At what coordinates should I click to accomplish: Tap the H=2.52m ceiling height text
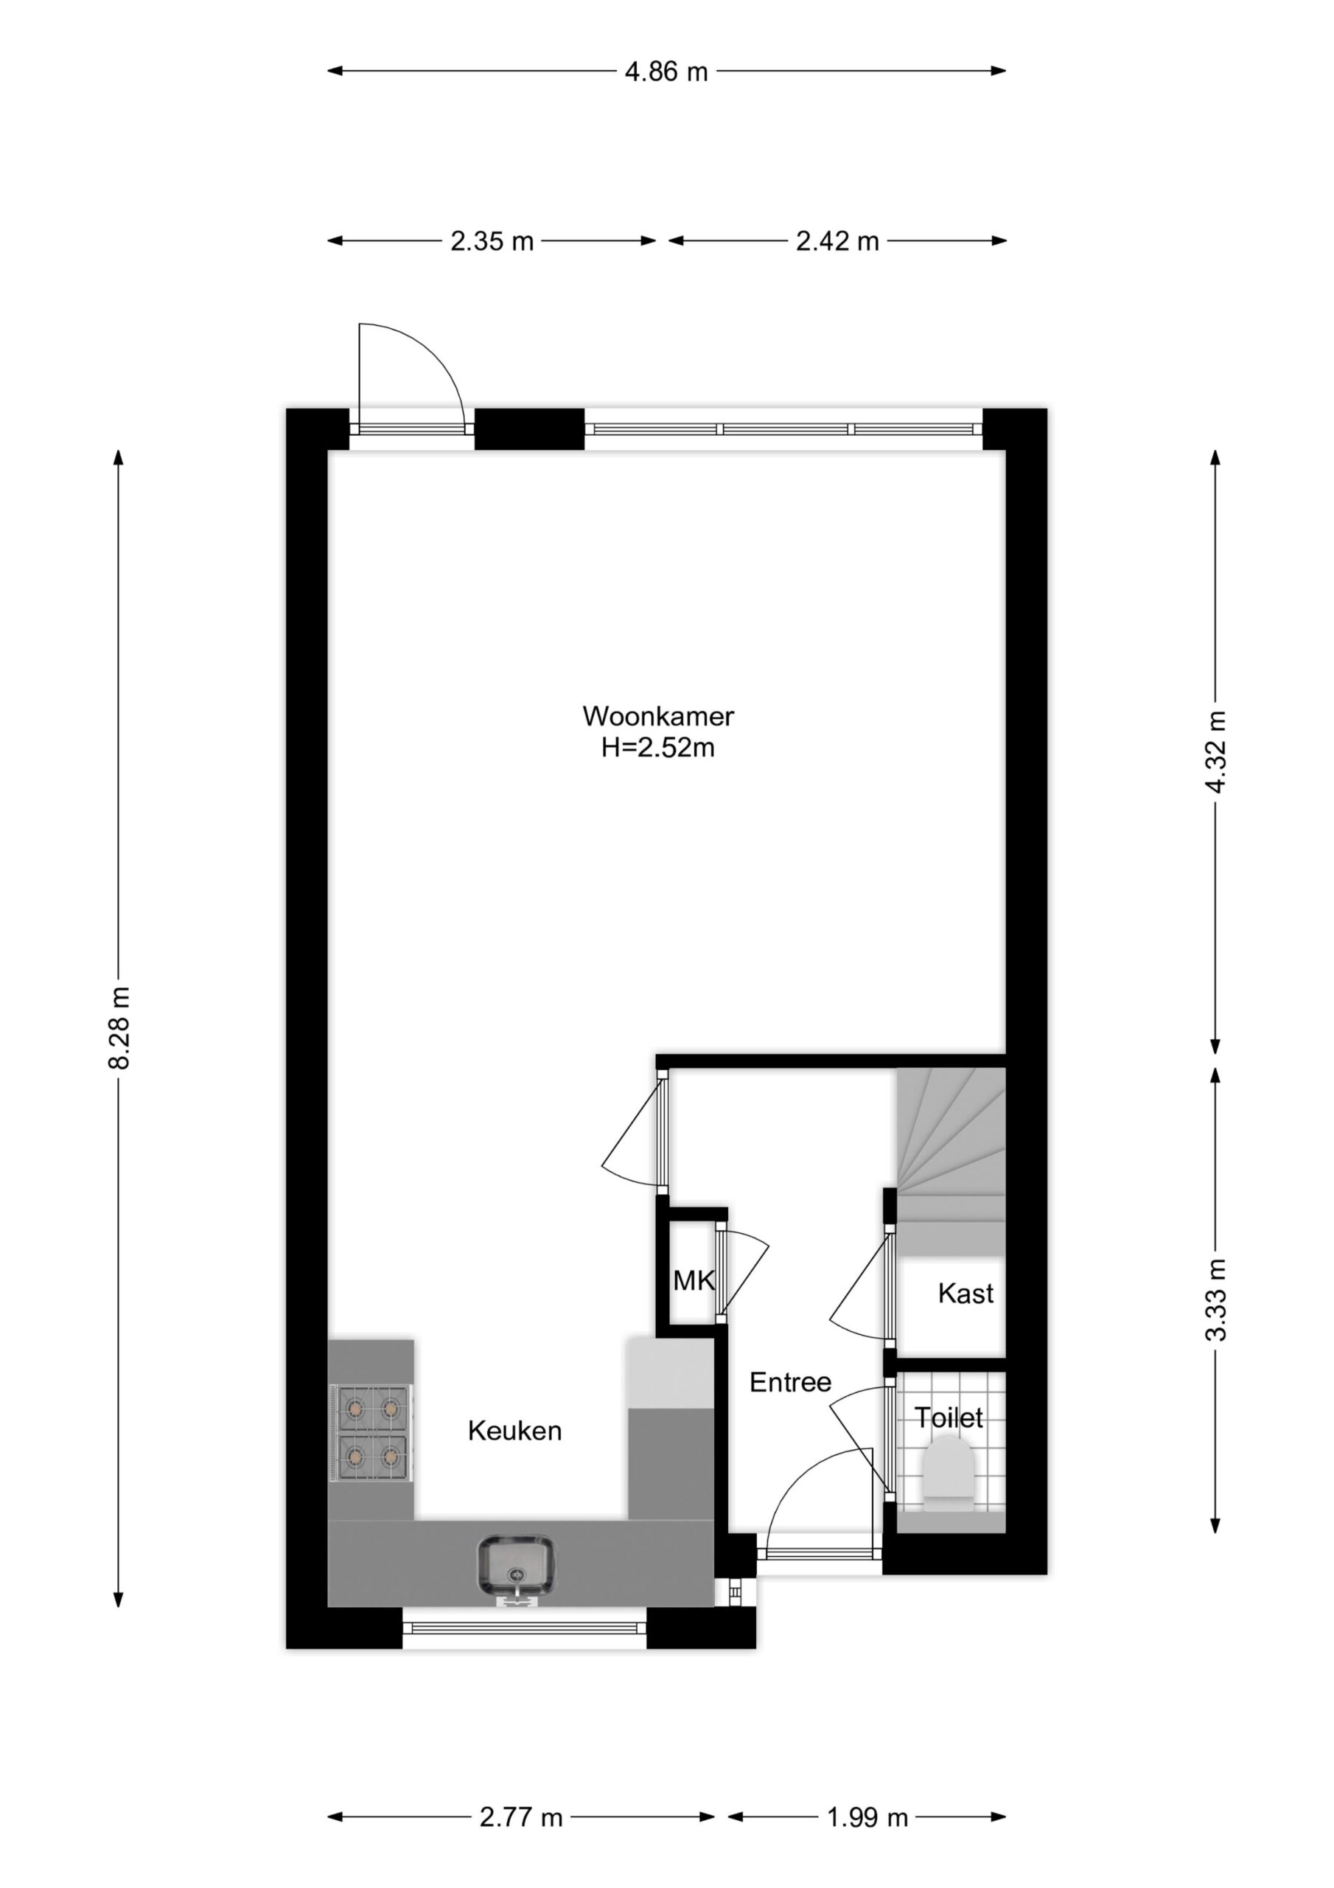point(657,749)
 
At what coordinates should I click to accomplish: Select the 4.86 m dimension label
point(666,72)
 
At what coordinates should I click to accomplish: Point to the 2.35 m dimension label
point(492,242)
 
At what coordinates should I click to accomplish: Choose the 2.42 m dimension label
point(837,242)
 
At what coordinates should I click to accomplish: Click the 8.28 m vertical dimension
point(120,1027)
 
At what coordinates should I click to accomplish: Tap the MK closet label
point(694,1280)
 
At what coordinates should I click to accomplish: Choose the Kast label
point(965,1294)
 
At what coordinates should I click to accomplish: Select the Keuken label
point(514,1431)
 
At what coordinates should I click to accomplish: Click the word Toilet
point(949,1417)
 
